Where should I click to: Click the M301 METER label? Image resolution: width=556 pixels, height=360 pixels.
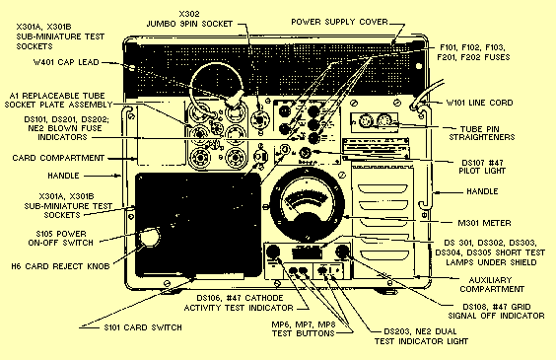coord(484,223)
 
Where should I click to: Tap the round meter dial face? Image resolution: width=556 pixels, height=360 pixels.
coord(307,206)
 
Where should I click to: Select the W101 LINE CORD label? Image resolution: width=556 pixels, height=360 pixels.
coord(479,103)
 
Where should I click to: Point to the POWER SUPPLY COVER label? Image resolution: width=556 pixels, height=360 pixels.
coord(339,22)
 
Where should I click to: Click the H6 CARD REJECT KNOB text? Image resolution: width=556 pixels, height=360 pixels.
coord(60,266)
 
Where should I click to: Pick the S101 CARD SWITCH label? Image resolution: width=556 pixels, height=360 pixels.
coord(143,327)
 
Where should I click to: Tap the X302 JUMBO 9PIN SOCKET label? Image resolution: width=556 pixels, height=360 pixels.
coord(189,19)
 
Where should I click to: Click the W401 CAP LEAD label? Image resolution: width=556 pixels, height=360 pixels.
coord(66,62)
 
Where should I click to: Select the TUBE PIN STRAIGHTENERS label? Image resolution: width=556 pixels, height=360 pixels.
coord(482,133)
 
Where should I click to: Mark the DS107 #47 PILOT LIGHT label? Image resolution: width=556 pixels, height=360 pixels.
coord(482,167)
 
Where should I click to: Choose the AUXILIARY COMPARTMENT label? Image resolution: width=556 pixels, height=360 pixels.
coord(492,285)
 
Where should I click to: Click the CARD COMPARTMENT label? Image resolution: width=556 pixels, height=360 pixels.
coord(58,158)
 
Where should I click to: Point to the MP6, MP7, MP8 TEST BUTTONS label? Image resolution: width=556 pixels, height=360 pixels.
coord(304,329)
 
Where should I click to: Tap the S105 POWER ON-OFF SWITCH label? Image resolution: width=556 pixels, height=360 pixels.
coord(61,239)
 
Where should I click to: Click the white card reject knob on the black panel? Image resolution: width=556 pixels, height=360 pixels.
coord(149,238)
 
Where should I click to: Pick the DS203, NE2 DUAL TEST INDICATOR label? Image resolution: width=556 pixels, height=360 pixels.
coord(421,336)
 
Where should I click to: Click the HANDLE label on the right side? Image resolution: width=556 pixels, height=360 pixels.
coord(482,192)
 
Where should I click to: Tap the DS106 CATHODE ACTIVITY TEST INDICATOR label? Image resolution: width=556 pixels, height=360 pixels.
coord(239,303)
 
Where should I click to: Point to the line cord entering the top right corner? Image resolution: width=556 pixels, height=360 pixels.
coord(427,93)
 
